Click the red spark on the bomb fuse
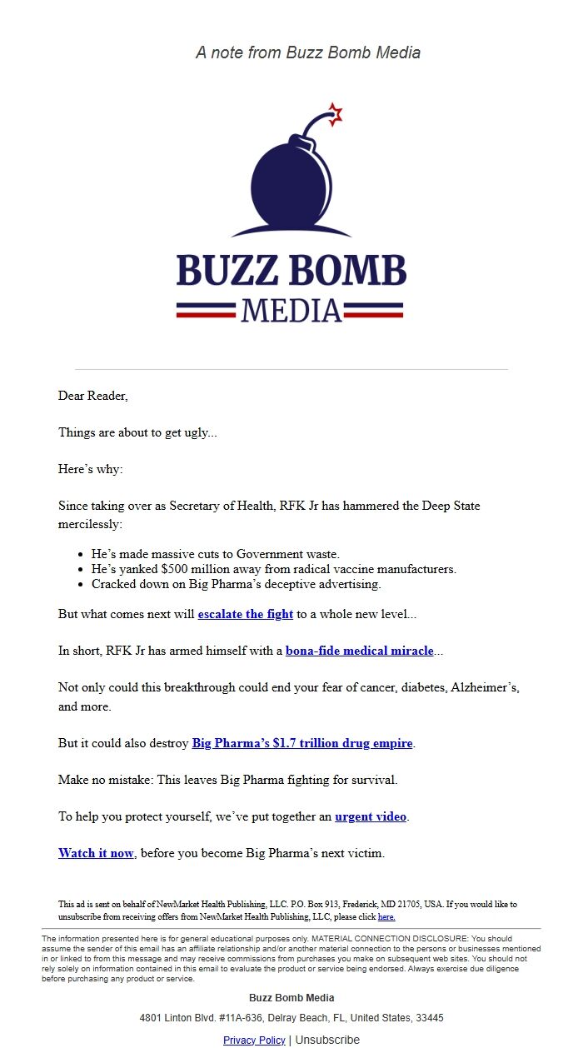pyautogui.click(x=335, y=114)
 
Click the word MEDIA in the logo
pyautogui.click(x=291, y=311)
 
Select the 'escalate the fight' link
pyautogui.click(x=245, y=614)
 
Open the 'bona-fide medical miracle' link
pyautogui.click(x=359, y=651)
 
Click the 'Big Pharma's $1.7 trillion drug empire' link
pyautogui.click(x=302, y=743)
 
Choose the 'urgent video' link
pyautogui.click(x=371, y=816)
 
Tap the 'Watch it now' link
pyautogui.click(x=96, y=853)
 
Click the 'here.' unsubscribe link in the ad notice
pyautogui.click(x=386, y=916)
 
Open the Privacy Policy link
pyautogui.click(x=254, y=1040)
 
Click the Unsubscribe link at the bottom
pyautogui.click(x=327, y=1040)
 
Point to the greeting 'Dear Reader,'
pyautogui.click(x=93, y=396)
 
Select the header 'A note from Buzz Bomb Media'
pyautogui.click(x=308, y=52)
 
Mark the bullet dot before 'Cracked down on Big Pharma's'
pyautogui.click(x=81, y=585)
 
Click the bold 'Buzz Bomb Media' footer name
pyautogui.click(x=291, y=997)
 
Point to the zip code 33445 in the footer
pyautogui.click(x=431, y=1018)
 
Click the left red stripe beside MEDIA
pyautogui.click(x=206, y=311)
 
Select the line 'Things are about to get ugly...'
pyautogui.click(x=137, y=432)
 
